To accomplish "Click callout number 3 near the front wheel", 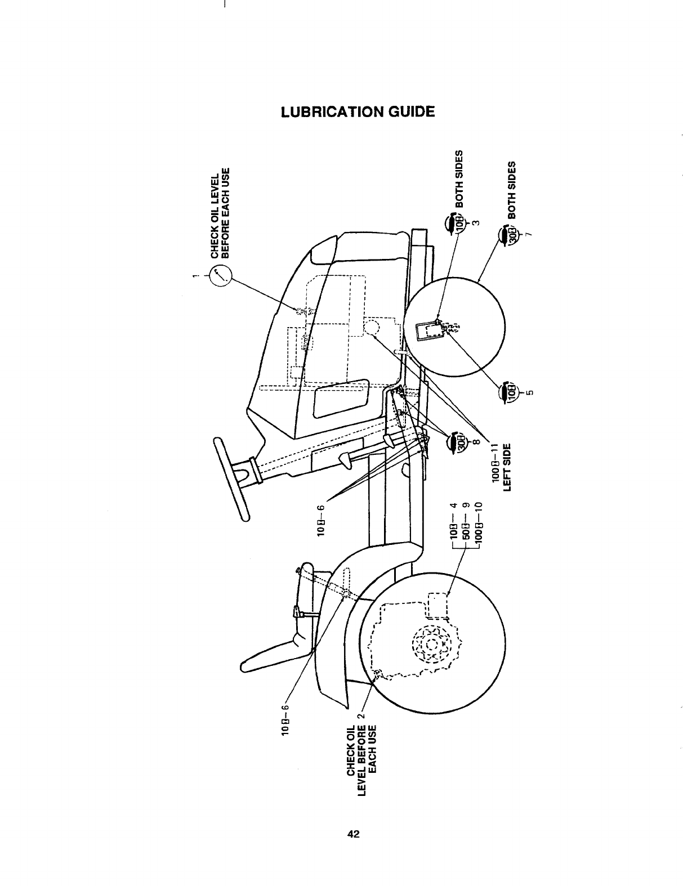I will pos(476,223).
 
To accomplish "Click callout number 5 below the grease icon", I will pos(530,392).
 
